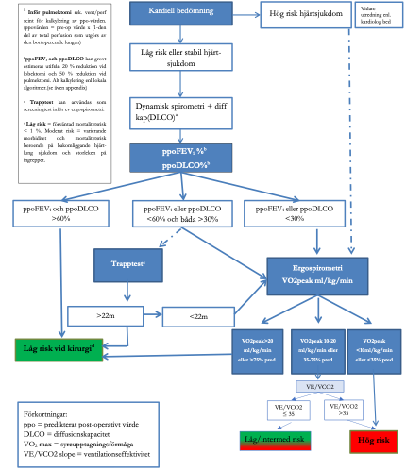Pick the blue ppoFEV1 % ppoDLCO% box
[x=181, y=157]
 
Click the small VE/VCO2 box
[x=311, y=386]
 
